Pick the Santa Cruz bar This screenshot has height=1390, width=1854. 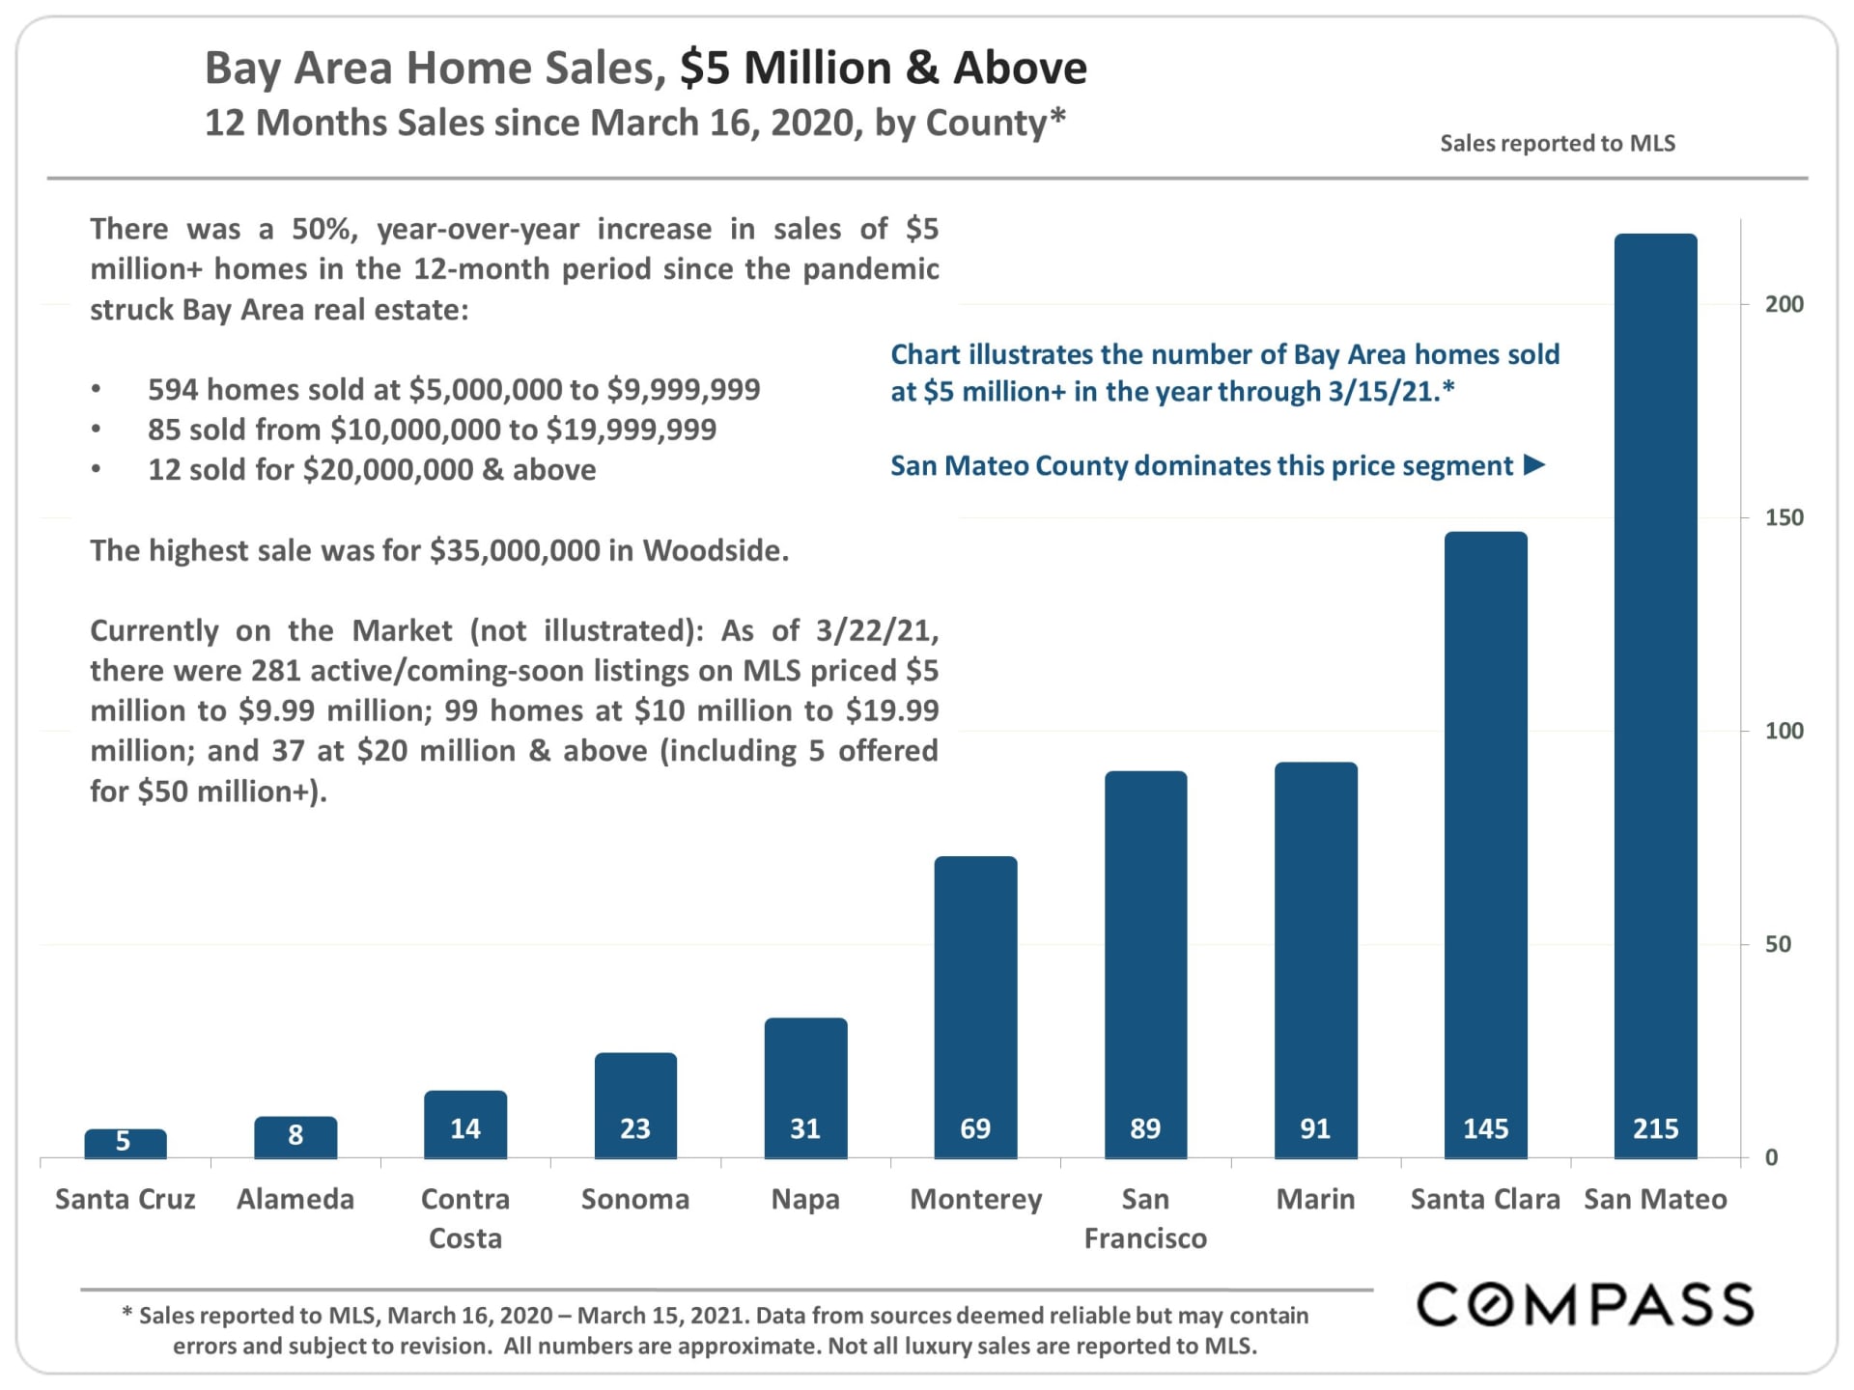click(x=125, y=1144)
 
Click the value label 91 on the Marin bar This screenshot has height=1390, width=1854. click(x=1315, y=1128)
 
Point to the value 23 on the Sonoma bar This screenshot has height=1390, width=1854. click(x=635, y=1128)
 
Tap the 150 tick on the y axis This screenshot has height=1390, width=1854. click(x=1784, y=517)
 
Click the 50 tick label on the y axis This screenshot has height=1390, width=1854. click(x=1778, y=944)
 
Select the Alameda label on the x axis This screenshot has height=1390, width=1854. click(x=295, y=1199)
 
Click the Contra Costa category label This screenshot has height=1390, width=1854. click(x=465, y=1218)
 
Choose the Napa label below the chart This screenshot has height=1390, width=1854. click(x=805, y=1199)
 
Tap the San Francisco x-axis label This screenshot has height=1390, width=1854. click(x=1145, y=1218)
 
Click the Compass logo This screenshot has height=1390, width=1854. click(x=1585, y=1305)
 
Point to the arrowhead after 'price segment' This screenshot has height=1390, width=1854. click(x=1534, y=465)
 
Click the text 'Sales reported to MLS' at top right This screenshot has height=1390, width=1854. click(x=1558, y=143)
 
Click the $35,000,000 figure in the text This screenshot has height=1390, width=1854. click(x=515, y=550)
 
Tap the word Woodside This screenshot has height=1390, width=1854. click(x=716, y=550)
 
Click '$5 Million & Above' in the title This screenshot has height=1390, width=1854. click(x=884, y=69)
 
